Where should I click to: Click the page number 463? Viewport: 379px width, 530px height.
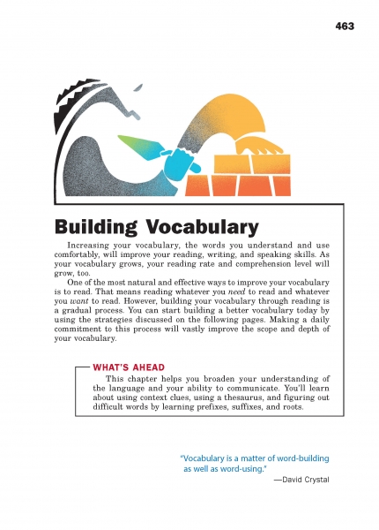pos(345,26)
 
